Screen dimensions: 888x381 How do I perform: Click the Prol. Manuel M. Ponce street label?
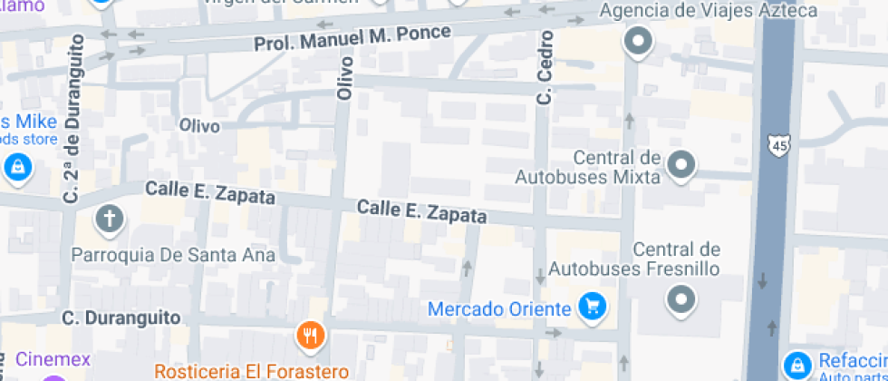click(x=352, y=37)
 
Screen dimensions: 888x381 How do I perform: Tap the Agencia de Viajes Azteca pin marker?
click(x=640, y=42)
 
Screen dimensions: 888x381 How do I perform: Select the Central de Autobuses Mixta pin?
click(x=681, y=165)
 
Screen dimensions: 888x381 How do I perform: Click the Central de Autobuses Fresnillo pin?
click(x=680, y=298)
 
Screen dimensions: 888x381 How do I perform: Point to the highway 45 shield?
click(x=777, y=144)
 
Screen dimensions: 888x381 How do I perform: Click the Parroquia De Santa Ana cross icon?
click(x=109, y=219)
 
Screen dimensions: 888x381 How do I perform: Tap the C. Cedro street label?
click(x=545, y=67)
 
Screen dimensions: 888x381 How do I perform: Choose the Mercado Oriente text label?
click(x=499, y=309)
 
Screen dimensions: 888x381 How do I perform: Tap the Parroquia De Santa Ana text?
click(x=173, y=255)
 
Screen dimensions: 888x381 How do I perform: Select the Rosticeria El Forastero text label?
click(x=251, y=371)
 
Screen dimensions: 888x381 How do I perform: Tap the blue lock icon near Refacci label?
click(x=797, y=365)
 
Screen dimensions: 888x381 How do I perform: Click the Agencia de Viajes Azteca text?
click(x=709, y=12)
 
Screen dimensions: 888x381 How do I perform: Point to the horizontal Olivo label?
click(x=199, y=124)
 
